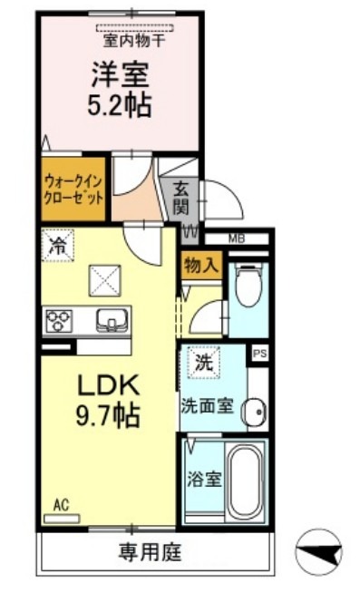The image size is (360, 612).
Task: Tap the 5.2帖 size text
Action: [120, 103]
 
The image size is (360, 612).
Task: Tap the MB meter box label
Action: [237, 239]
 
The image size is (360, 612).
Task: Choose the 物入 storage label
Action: [199, 264]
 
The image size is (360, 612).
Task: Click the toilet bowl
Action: [246, 286]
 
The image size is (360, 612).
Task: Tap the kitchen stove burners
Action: [60, 321]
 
